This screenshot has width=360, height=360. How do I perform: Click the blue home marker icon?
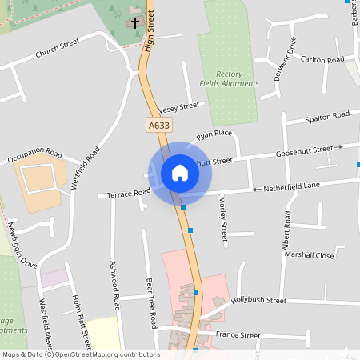pos(180,172)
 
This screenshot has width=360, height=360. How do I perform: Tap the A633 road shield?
pos(159,125)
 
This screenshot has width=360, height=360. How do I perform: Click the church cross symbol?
pos(135,22)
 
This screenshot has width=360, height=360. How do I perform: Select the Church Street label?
pos(58,49)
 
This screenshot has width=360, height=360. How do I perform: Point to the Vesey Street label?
pos(178,107)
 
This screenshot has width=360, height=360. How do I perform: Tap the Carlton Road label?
pos(322,60)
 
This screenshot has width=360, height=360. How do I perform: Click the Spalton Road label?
pos(328,117)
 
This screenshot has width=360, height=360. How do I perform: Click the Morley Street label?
pos(223,221)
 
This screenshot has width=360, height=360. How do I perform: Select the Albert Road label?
pos(286,233)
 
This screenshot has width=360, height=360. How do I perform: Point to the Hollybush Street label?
pos(258,300)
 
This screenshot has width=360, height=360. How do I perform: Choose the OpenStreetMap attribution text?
pos(81,354)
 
